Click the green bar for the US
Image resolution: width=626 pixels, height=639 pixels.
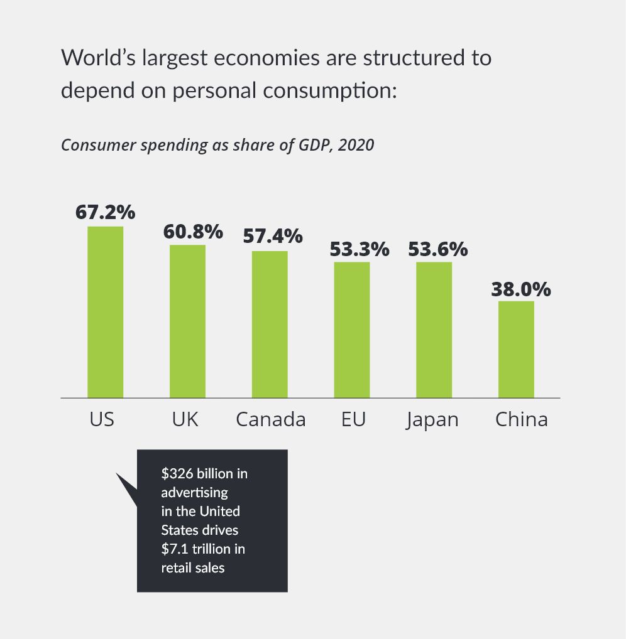click(105, 311)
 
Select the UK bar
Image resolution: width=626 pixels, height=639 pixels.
click(187, 321)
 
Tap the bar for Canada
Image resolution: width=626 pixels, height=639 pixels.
click(270, 324)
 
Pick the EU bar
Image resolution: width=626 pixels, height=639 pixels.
click(351, 330)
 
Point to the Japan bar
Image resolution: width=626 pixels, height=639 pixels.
click(434, 330)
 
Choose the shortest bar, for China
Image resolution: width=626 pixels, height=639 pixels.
click(516, 349)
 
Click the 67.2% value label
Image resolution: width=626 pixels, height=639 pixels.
click(106, 212)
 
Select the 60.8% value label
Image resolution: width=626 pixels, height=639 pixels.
click(193, 232)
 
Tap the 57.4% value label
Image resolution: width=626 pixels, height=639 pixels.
click(273, 237)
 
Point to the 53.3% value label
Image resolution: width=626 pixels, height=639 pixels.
click(360, 249)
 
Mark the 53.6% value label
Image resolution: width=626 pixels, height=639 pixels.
click(438, 249)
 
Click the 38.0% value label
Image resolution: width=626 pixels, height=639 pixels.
click(521, 289)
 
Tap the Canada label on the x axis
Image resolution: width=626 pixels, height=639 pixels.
click(271, 419)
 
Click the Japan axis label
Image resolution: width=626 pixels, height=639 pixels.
click(432, 420)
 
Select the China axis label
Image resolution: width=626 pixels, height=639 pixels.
click(522, 419)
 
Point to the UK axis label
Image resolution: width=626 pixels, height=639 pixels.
click(185, 419)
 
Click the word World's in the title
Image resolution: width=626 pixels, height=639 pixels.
click(97, 58)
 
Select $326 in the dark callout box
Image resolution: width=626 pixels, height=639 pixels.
click(175, 473)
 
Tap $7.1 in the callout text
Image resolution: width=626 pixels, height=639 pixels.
click(175, 549)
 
